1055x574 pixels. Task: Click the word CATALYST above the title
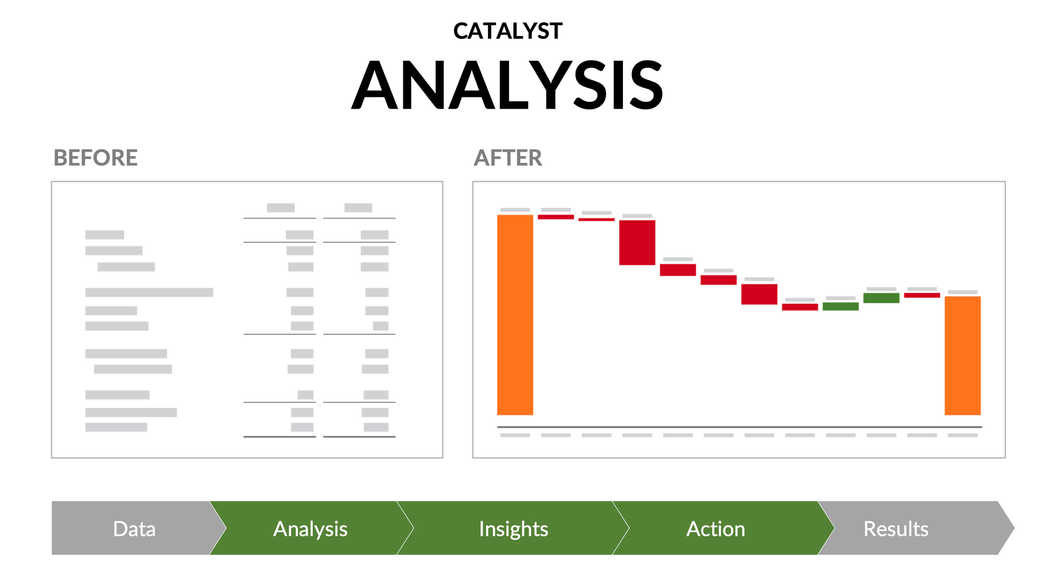click(507, 31)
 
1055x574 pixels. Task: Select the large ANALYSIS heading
click(507, 85)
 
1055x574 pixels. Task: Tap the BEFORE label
click(95, 158)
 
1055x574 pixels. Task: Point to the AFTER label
click(507, 158)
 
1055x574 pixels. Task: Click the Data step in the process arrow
click(134, 529)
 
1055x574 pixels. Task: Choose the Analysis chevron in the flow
click(310, 529)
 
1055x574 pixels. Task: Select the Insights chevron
click(513, 529)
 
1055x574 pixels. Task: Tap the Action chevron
click(716, 529)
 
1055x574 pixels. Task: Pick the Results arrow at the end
click(896, 529)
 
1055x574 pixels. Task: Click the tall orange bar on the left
click(515, 315)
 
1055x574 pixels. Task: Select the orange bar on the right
click(962, 356)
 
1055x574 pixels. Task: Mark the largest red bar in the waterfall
click(637, 242)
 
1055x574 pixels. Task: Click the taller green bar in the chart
click(881, 298)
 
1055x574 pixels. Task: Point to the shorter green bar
click(840, 306)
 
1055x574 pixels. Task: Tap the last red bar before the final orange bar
click(922, 295)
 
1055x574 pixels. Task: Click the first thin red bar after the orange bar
click(555, 217)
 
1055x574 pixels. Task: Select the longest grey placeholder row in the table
click(149, 293)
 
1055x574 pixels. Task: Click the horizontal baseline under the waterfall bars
click(739, 427)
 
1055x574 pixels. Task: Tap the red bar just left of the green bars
click(800, 307)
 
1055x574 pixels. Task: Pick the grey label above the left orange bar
click(515, 210)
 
